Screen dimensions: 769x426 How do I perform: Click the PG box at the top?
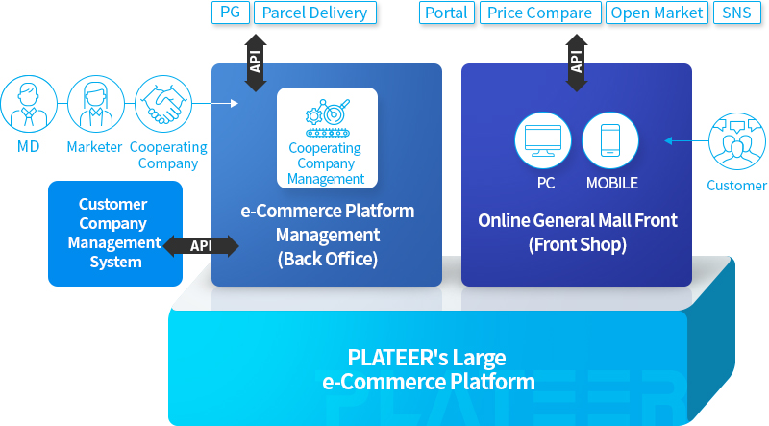click(231, 13)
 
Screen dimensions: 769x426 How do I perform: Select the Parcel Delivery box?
click(315, 13)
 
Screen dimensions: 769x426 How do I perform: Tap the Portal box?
click(447, 13)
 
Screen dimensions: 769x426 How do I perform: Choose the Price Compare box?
click(540, 13)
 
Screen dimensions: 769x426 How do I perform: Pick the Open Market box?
click(657, 13)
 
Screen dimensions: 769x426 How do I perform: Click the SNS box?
click(736, 13)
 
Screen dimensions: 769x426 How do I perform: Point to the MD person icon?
click(29, 104)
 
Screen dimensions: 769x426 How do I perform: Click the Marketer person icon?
click(96, 104)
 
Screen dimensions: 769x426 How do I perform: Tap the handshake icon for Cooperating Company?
click(163, 104)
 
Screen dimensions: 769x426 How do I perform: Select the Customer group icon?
click(737, 141)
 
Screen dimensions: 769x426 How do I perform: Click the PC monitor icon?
click(543, 140)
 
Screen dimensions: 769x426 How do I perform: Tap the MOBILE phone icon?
click(610, 140)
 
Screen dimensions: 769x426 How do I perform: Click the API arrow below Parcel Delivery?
click(256, 63)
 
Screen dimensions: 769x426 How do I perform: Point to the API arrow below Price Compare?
click(577, 63)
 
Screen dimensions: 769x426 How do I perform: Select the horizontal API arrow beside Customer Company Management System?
click(201, 246)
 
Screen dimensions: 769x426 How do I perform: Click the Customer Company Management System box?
click(115, 234)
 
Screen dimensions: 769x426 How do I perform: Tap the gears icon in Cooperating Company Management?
click(327, 118)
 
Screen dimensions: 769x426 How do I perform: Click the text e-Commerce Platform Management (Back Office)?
click(328, 235)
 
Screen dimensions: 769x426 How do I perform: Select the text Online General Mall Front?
click(578, 220)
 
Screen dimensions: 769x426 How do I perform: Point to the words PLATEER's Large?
click(427, 358)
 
